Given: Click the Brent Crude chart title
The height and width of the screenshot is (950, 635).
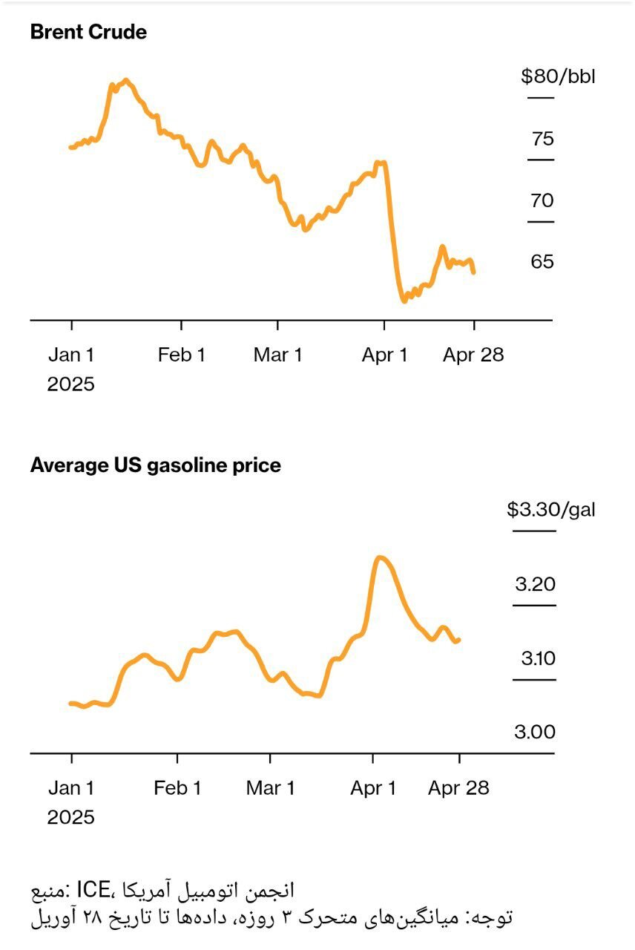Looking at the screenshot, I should tap(88, 33).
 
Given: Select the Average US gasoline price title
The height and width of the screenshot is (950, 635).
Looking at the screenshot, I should tap(156, 465).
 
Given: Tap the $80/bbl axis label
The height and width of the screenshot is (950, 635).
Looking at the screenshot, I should tap(558, 76).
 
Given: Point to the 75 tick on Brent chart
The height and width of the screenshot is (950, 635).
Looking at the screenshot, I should tap(542, 139).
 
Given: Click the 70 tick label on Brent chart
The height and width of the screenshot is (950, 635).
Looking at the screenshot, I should tap(542, 200).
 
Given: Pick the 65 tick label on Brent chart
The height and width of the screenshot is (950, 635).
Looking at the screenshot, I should tap(542, 262).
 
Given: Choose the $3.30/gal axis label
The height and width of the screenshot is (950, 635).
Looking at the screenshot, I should tap(550, 509).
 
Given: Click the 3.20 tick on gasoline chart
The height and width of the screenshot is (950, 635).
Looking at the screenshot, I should tap(535, 584).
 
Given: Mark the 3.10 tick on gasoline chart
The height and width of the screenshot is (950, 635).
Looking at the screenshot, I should tap(536, 658).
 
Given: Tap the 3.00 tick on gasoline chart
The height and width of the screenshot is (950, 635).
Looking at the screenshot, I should tap(535, 733).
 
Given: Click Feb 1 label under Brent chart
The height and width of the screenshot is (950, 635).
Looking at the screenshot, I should tap(181, 355).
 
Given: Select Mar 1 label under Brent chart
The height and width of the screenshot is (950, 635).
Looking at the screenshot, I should tap(277, 355).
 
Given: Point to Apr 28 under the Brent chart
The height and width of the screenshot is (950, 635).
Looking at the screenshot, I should tap(473, 355).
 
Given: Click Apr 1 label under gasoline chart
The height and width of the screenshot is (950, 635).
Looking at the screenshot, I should tap(374, 788).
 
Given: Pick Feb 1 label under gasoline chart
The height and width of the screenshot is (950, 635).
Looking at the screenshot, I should tap(177, 788).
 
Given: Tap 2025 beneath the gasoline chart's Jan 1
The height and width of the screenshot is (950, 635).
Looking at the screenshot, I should tap(71, 817).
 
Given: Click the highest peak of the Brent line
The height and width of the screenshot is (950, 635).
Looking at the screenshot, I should tap(126, 80).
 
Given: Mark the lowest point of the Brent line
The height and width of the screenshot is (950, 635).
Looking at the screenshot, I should tap(404, 301).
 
